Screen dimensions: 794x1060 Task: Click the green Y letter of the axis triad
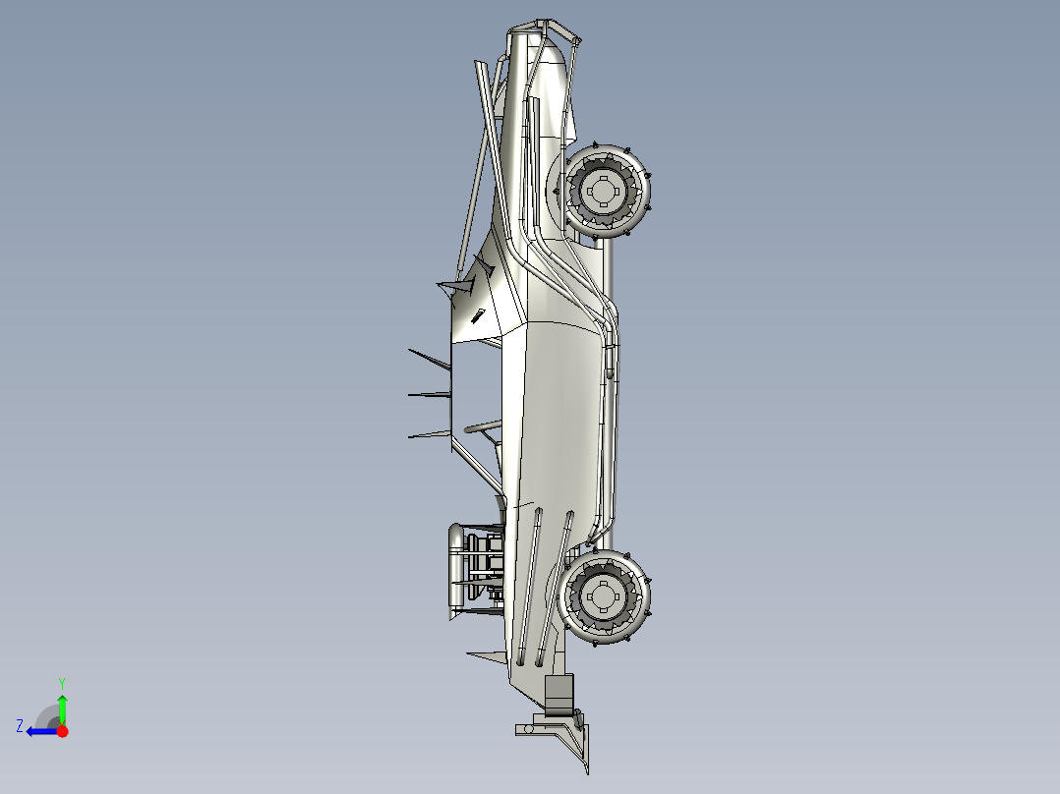61,681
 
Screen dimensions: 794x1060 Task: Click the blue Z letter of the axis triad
20,725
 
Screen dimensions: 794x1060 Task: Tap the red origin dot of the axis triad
62,731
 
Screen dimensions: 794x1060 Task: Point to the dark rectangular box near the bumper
559,692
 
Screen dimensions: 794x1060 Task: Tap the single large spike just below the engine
487,656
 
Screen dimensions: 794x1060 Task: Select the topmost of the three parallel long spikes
429,359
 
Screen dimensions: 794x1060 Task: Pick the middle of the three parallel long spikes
429,395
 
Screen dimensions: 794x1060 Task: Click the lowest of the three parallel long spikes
429,433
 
